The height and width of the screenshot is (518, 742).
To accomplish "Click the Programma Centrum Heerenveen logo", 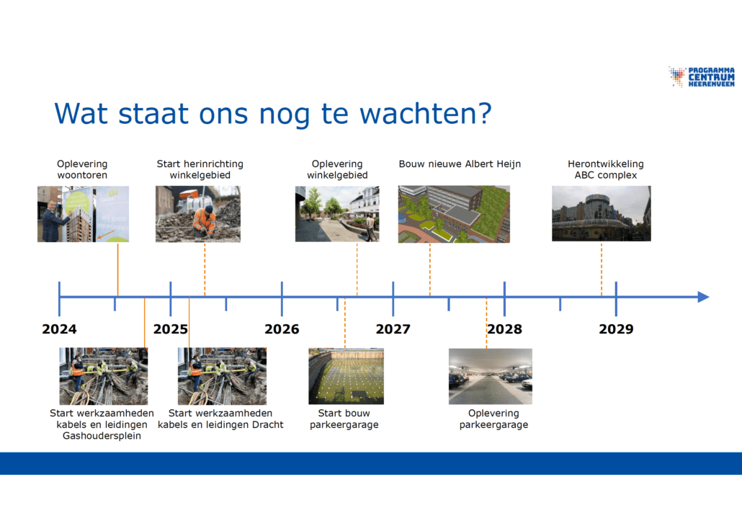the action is tap(702, 77).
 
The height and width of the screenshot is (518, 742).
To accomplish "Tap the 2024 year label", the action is tap(59, 329).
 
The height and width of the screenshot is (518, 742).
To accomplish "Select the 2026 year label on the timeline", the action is tap(282, 329).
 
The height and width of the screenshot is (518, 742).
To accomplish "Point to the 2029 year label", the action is tap(616, 329).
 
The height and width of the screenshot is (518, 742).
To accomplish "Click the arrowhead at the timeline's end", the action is tap(704, 297).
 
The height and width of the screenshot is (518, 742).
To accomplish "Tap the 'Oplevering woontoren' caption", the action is tap(82, 169).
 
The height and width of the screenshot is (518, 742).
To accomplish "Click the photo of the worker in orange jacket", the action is tap(198, 214).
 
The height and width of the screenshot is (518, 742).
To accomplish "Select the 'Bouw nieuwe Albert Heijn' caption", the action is tap(460, 164).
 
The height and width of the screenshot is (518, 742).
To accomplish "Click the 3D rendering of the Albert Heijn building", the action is tap(454, 214).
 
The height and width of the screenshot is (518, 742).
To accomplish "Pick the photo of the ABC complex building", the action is tap(601, 213).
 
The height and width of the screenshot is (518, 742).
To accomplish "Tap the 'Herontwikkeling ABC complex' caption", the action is tap(606, 169).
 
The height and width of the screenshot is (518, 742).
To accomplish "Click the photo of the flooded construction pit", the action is tap(346, 376).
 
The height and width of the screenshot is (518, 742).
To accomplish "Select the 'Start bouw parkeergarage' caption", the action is tap(344, 419).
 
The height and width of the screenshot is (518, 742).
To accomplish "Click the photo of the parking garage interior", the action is tap(491, 377).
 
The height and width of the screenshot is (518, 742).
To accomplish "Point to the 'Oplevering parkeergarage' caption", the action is tap(493, 419).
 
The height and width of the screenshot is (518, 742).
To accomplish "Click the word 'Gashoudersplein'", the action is tap(102, 436).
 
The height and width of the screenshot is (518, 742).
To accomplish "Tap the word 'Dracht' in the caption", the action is tap(268, 424).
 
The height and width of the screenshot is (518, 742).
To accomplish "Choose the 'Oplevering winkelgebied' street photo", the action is tap(337, 214).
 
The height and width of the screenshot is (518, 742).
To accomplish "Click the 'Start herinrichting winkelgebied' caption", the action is tap(200, 169).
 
